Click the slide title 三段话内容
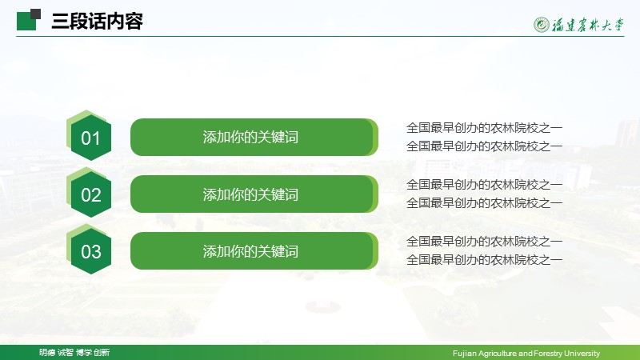[x=97, y=22]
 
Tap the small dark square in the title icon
[x=35, y=14]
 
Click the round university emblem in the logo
[x=542, y=25]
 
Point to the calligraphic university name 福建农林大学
[x=588, y=25]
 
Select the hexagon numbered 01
[x=90, y=138]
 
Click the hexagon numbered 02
[x=90, y=194]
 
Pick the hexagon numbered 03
[x=90, y=251]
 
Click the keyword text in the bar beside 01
[x=250, y=137]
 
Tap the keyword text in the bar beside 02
[x=250, y=194]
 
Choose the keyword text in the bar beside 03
[x=250, y=251]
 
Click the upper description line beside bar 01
[x=484, y=128]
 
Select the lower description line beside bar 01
[x=484, y=146]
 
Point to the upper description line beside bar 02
[x=484, y=185]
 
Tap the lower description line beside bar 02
[x=484, y=202]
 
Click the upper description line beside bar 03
[x=484, y=242]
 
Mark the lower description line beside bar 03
[x=484, y=259]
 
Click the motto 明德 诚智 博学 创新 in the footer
[x=74, y=352]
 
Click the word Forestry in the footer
[x=548, y=353]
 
